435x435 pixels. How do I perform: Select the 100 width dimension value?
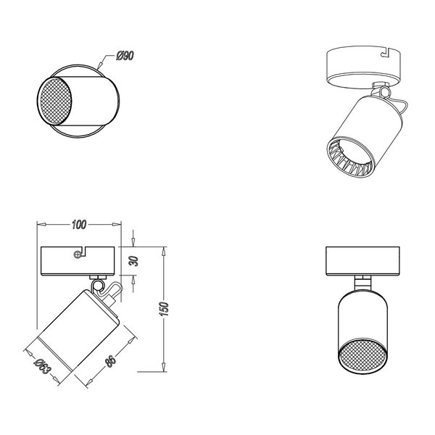tap(81, 225)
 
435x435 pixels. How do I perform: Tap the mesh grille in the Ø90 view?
tap(55, 105)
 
